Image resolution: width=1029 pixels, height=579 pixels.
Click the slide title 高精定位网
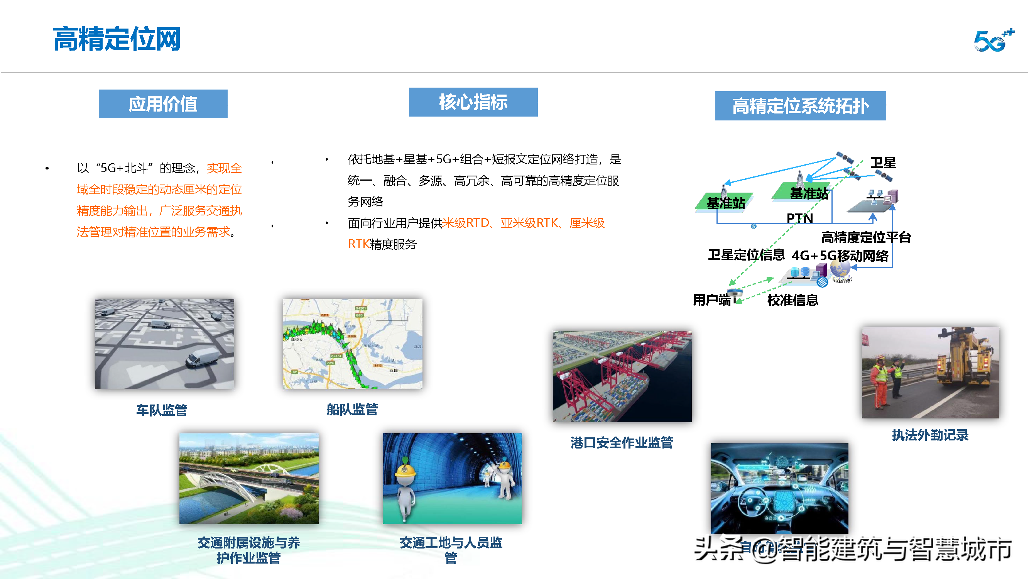117,39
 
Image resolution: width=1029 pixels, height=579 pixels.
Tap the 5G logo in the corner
994,40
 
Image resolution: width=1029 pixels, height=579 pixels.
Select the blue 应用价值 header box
163,104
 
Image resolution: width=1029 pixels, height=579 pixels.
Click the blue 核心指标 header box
473,102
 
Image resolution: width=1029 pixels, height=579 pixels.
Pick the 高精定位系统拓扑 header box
800,106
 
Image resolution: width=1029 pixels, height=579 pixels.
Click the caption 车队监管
162,410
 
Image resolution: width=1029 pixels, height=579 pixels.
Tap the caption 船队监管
352,409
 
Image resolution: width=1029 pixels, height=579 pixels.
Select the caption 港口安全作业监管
622,443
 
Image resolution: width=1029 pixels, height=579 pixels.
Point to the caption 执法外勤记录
930,435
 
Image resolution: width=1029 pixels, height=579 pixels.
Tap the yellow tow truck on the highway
963,360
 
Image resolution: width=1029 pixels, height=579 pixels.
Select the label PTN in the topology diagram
799,218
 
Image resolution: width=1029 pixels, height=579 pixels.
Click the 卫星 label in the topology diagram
883,163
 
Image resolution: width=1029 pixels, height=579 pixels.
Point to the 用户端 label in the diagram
711,300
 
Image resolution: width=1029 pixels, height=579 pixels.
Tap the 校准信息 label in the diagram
792,300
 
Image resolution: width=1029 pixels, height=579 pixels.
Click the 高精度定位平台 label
866,237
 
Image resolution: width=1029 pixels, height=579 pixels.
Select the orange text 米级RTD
465,223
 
